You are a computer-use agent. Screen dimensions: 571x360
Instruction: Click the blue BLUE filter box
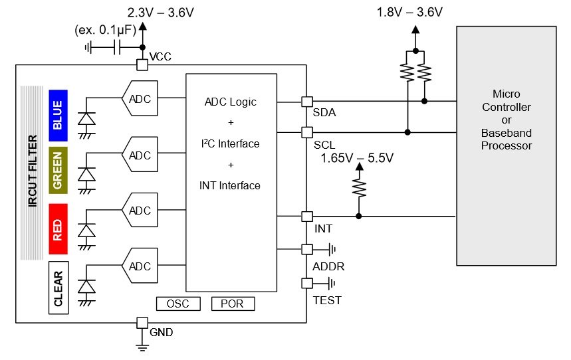pos(58,116)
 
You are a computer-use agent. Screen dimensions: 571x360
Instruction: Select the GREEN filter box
pos(58,170)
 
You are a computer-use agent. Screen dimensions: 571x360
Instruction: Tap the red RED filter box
pos(58,228)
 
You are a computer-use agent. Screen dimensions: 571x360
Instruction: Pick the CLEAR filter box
pos(58,288)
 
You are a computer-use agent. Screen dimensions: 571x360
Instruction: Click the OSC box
pos(178,304)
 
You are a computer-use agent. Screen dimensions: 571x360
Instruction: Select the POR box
pos(233,304)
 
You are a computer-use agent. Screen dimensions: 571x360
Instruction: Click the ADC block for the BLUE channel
pos(140,98)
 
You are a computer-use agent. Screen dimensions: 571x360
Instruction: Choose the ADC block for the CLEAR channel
pos(140,266)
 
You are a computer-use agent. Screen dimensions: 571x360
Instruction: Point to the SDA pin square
pos(307,102)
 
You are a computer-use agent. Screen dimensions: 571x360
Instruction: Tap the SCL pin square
pos(307,132)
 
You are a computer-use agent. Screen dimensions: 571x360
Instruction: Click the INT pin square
pos(307,217)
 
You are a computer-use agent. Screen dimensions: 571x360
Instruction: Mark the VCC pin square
pos(142,65)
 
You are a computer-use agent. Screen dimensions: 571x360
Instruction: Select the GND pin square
pos(142,323)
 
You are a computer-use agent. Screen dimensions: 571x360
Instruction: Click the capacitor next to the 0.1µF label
pos(117,47)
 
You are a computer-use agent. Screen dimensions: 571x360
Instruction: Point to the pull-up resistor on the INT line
pos(359,188)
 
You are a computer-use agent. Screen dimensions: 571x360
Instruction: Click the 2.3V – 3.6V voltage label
pos(160,13)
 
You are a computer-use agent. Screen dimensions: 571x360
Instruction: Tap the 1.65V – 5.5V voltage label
pos(357,158)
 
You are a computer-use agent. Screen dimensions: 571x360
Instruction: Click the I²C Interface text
pos(230,143)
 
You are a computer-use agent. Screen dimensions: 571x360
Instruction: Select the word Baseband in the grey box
pos(506,133)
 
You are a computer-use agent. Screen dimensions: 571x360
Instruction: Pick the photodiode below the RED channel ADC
pos(86,232)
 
